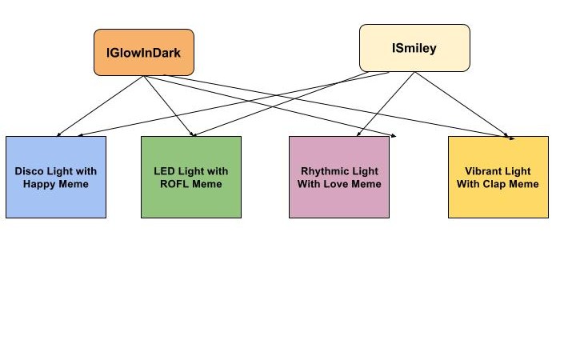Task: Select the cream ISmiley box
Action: pos(414,48)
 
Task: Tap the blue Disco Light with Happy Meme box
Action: pos(56,177)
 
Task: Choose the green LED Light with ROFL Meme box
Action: pos(190,177)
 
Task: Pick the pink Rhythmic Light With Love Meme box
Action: pos(339,177)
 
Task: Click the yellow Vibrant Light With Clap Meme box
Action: pos(498,177)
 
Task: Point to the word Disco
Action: pos(29,171)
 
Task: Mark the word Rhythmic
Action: pos(324,171)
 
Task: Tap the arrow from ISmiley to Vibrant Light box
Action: pos(462,104)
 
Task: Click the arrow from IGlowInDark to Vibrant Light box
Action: pos(336,106)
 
